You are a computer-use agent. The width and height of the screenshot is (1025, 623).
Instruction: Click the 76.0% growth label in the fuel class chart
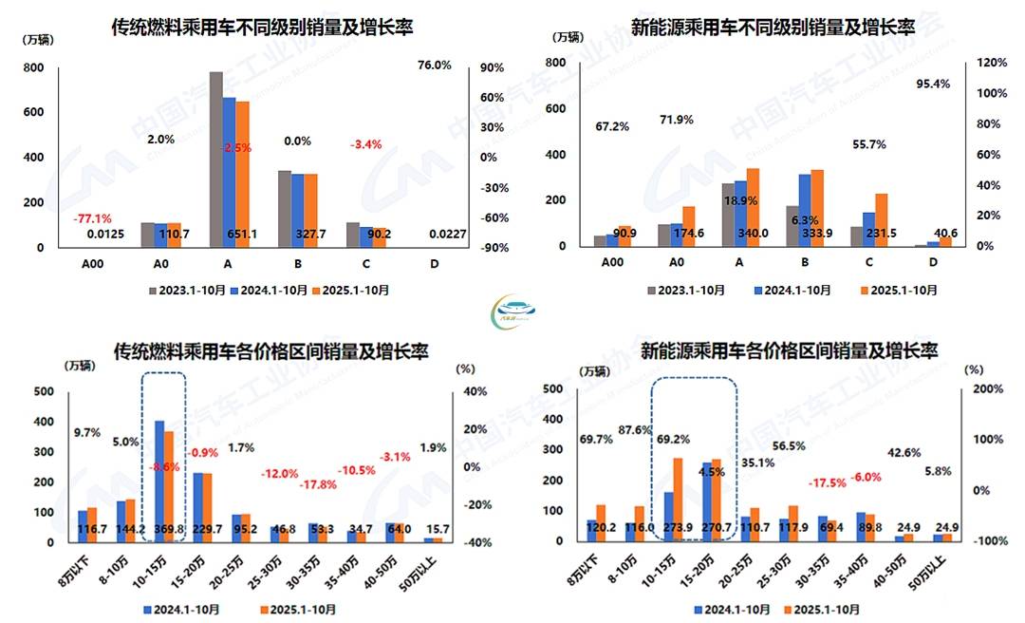(x=435, y=66)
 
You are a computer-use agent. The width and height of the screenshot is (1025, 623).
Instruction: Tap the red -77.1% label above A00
(x=92, y=217)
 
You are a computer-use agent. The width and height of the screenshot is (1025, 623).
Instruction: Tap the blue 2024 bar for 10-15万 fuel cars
(x=158, y=481)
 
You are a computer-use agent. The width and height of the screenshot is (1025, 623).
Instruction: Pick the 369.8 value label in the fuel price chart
(x=165, y=529)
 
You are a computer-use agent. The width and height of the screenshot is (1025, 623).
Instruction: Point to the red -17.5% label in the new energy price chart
(x=828, y=482)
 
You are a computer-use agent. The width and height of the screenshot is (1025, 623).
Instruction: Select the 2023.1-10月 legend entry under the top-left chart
(x=180, y=290)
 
